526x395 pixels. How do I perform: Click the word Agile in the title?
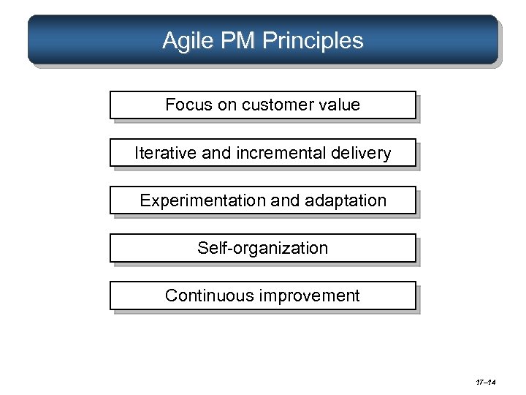click(x=185, y=41)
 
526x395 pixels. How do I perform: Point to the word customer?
click(x=276, y=105)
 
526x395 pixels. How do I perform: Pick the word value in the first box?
click(x=340, y=105)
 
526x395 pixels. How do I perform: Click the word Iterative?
click(x=165, y=153)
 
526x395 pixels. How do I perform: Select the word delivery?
click(x=363, y=153)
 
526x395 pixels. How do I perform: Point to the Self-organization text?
click(x=263, y=248)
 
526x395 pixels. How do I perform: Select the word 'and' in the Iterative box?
click(x=216, y=153)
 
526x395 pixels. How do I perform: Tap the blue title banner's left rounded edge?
click(x=33, y=40)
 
